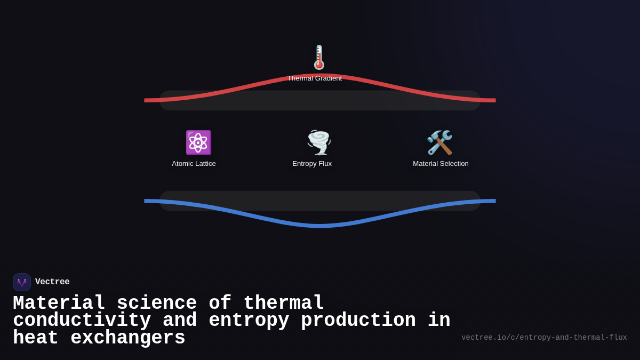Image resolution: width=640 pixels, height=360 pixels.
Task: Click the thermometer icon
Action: pos(319,58)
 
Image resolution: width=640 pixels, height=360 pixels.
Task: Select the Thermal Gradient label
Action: pos(315,78)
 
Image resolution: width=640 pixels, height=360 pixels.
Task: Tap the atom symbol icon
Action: pos(198,142)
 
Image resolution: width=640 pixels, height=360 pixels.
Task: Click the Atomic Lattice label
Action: pos(194,164)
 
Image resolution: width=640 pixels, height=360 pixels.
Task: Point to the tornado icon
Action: pos(319,142)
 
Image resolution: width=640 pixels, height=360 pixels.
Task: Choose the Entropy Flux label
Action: pos(312,164)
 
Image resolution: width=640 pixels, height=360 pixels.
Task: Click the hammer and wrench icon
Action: pos(440,142)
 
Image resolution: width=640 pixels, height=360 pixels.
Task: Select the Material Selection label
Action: pos(441,164)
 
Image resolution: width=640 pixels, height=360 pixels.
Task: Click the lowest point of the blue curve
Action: pos(320,226)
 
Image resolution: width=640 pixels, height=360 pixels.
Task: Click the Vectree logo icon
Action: pos(22,282)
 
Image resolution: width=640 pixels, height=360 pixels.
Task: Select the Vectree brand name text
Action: pos(52,282)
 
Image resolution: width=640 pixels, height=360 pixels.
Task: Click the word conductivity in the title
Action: pos(82,321)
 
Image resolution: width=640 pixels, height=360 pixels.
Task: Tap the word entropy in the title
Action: pos(249,321)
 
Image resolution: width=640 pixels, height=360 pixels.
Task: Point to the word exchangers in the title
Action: pos(128,338)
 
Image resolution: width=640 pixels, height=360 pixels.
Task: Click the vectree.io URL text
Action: pos(544,338)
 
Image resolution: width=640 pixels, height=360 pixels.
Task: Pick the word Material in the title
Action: pos(59,303)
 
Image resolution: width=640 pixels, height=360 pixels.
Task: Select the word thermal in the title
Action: pos(284,303)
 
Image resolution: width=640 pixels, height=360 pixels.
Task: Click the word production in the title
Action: pos(358,321)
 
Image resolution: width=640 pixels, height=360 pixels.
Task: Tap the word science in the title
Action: pos(157,303)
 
